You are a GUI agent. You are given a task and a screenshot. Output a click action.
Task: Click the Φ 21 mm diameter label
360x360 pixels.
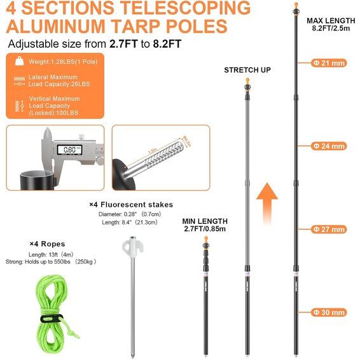[328, 63]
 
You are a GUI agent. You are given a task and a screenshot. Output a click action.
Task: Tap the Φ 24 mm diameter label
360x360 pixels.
[328, 146]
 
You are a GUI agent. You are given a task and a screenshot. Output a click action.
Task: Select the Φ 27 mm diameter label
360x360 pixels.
[328, 229]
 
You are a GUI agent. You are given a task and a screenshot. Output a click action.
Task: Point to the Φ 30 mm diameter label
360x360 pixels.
[328, 312]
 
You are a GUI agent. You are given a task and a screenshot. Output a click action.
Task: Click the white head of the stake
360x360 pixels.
[132, 246]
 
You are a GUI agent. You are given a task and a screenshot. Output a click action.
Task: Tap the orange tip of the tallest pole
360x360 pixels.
[297, 8]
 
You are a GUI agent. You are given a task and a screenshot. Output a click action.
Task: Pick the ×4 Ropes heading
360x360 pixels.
[47, 244]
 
